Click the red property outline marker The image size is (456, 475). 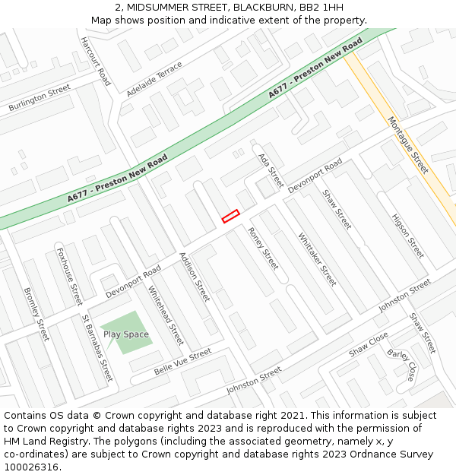tap(230, 217)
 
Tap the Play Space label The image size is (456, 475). tap(126, 334)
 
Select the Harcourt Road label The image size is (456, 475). tap(96, 61)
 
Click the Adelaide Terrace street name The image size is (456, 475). tap(155, 79)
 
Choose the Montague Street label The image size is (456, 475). tap(408, 144)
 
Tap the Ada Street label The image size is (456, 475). tap(271, 170)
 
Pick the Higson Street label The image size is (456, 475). tap(407, 236)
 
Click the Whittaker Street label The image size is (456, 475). tap(317, 258)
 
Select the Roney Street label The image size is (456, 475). tap(264, 249)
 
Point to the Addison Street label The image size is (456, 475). tap(195, 277)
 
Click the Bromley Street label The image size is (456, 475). tap(36, 313)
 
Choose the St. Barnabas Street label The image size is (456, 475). tap(97, 348)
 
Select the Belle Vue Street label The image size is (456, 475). tap(182, 362)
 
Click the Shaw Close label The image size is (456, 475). tap(369, 344)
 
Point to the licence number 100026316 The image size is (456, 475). tap(32, 467)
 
